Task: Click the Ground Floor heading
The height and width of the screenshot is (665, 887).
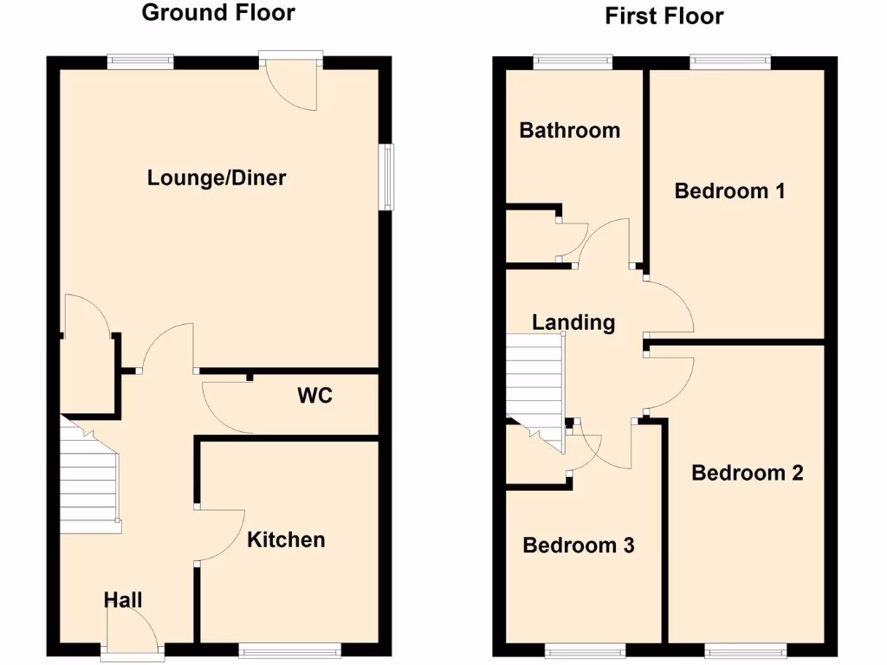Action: (x=217, y=12)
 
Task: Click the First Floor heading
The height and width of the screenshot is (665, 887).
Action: (x=664, y=16)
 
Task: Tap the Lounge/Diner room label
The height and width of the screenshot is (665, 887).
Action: (x=217, y=178)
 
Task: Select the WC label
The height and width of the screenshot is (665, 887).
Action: (x=314, y=396)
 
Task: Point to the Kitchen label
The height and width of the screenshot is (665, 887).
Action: (x=286, y=539)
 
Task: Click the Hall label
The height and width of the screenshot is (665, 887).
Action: (x=123, y=600)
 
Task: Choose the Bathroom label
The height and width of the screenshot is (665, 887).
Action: (x=569, y=130)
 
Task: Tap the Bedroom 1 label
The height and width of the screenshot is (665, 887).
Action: (x=729, y=190)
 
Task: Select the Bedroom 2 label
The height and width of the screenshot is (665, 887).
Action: (x=747, y=473)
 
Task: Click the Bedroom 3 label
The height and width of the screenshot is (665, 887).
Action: (x=579, y=546)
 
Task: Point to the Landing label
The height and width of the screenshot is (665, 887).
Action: (x=573, y=323)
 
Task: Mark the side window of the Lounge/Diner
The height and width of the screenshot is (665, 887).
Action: (x=389, y=177)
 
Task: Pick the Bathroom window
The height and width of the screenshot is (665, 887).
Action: (x=573, y=61)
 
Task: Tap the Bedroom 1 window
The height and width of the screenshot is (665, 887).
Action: (x=729, y=61)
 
